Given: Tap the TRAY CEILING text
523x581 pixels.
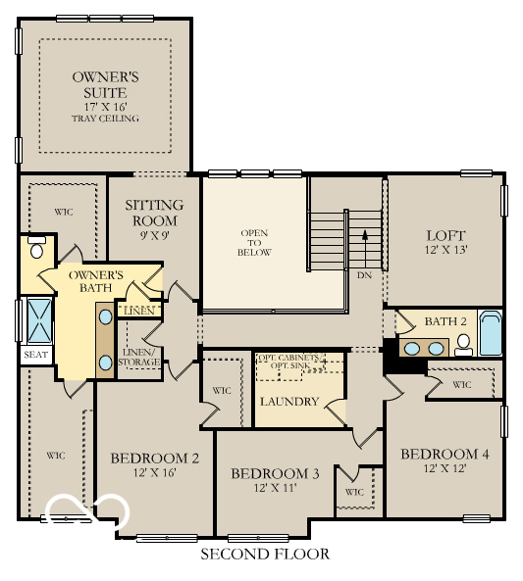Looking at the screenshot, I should tap(105, 119).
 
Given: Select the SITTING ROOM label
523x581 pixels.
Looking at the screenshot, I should tap(154, 213).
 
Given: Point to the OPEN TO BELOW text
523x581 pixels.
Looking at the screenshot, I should tap(254, 243).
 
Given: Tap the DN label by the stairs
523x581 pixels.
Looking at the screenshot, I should tap(364, 276).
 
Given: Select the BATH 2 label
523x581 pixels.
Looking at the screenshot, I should tap(444, 322).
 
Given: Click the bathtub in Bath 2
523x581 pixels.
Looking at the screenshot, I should tap(490, 334).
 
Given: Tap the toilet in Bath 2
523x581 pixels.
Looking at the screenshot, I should tap(464, 344).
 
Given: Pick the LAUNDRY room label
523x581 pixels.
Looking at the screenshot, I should tap(289, 402).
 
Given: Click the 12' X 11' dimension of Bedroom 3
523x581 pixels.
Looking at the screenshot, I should tap(275, 489).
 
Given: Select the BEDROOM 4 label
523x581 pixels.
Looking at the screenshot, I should tap(445, 455).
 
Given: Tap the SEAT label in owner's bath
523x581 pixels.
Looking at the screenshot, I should tap(35, 356).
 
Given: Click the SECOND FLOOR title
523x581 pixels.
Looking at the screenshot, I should tap(265, 555).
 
